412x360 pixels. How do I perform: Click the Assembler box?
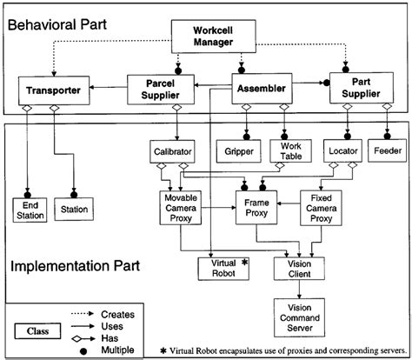coord(261,87)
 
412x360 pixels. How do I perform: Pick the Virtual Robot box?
coord(224,268)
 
